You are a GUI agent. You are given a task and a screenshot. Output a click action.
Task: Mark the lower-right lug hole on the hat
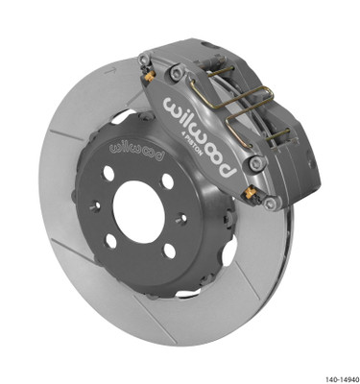coord(164,252)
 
